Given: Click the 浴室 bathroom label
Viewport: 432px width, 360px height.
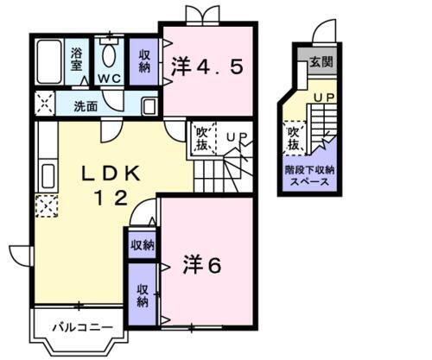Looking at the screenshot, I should (77, 58).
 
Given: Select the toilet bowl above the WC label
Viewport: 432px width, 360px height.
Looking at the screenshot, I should (109, 54).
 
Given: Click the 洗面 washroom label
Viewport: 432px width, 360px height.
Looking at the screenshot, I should (85, 107).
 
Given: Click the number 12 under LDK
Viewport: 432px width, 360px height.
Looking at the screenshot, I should (111, 198).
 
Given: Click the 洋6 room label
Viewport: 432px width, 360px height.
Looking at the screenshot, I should (201, 265).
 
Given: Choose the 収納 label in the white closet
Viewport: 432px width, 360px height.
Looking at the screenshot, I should (142, 245).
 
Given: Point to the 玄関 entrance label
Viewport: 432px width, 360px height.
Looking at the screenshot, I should (321, 61).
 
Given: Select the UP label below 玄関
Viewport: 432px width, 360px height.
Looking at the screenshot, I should (325, 98).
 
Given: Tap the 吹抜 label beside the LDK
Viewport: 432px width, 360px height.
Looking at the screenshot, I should (200, 137).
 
